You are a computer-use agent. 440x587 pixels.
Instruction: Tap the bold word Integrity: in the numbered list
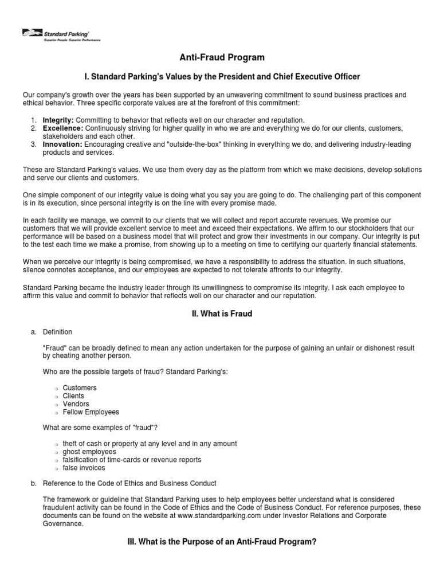click(58, 120)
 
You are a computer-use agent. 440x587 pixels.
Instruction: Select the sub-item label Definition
click(57, 332)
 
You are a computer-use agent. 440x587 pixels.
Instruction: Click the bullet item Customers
click(80, 388)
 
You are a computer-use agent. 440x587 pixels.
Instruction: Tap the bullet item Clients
click(73, 396)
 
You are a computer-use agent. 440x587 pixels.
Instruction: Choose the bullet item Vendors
click(76, 404)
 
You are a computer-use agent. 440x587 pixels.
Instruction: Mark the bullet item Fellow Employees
click(91, 412)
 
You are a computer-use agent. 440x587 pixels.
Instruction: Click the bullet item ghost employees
click(89, 452)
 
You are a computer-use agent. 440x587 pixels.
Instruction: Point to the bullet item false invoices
click(84, 468)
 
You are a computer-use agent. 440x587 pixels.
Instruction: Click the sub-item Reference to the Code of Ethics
click(129, 483)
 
